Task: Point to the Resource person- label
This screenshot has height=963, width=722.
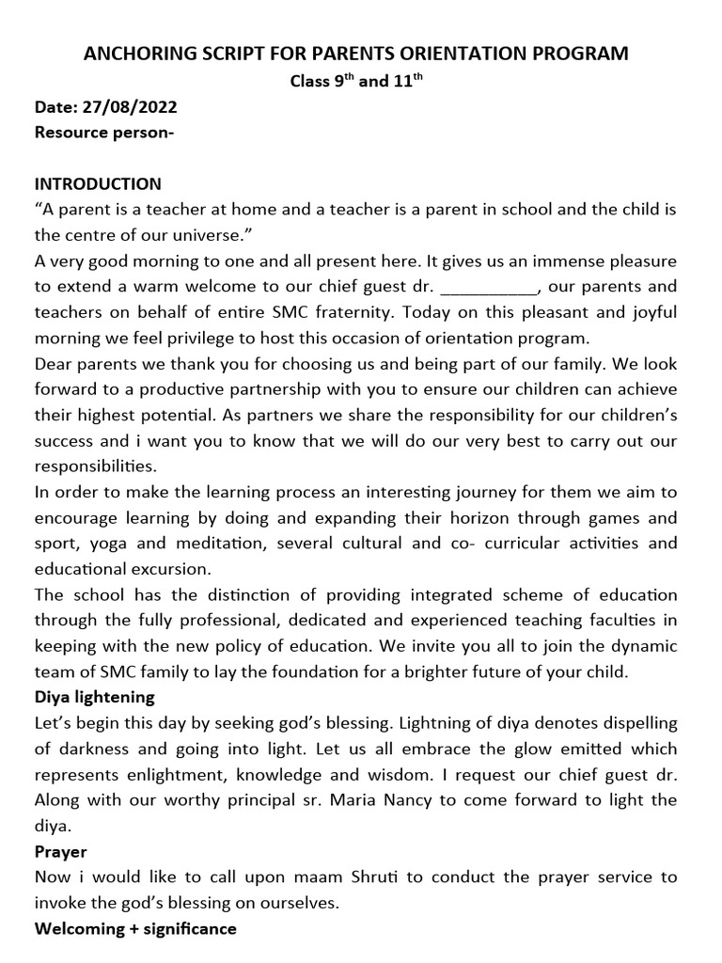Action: (x=104, y=132)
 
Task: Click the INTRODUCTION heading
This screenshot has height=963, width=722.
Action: (x=98, y=183)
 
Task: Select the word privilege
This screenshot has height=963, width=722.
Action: (x=206, y=337)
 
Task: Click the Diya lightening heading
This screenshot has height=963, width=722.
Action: (x=95, y=696)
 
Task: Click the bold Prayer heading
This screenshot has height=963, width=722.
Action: (x=60, y=851)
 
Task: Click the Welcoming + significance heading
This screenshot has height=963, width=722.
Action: (x=135, y=928)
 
